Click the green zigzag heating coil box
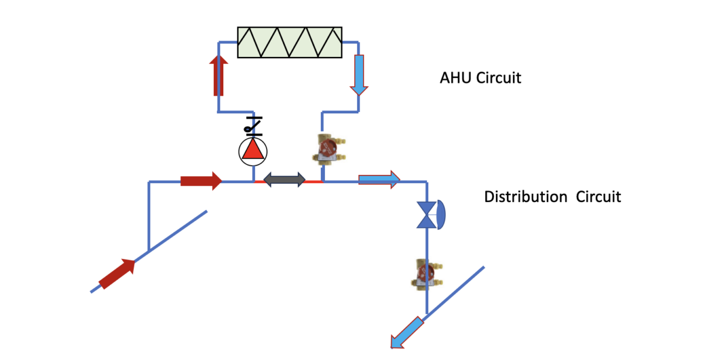point(290,42)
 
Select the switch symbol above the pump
point(253,126)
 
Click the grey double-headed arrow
point(284,180)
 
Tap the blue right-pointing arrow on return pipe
point(380,179)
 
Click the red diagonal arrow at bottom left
point(117,274)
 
